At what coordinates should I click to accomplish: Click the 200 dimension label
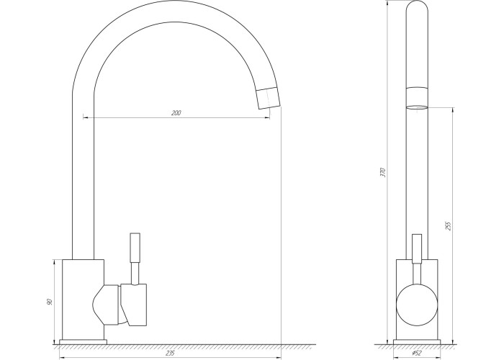coord(176,113)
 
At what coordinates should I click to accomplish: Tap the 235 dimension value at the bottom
coord(171,354)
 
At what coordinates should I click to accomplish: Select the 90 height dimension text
coord(49,302)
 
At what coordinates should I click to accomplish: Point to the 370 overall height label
coord(382,173)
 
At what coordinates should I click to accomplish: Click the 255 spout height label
coord(449,225)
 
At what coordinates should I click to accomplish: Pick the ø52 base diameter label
coord(417,354)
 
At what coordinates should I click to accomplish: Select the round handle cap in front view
coord(417,305)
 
